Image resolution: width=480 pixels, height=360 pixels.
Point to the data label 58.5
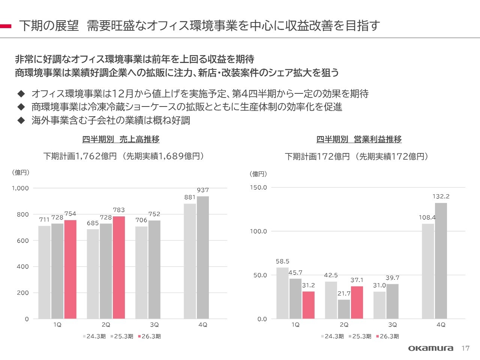click(282, 261)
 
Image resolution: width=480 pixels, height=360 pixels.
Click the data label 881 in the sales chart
click(190, 197)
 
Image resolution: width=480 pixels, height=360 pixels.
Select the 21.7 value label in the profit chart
click(344, 294)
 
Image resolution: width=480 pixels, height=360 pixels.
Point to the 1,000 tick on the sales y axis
click(20, 188)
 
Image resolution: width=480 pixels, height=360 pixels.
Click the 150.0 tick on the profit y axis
click(258, 187)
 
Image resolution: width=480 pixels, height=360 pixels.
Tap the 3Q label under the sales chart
click(154, 325)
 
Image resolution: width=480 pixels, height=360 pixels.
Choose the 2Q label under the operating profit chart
click(344, 325)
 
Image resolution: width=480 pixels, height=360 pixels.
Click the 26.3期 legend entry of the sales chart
click(150, 336)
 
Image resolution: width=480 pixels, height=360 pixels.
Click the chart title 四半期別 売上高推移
click(121, 139)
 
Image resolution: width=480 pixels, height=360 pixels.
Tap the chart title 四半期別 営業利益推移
click(359, 139)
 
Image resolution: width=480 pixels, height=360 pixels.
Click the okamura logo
click(430, 348)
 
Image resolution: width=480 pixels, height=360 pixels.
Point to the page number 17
click(465, 348)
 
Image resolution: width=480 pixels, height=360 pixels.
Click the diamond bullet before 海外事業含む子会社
click(21, 120)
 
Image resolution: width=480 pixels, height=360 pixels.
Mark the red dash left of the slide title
click(6, 26)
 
